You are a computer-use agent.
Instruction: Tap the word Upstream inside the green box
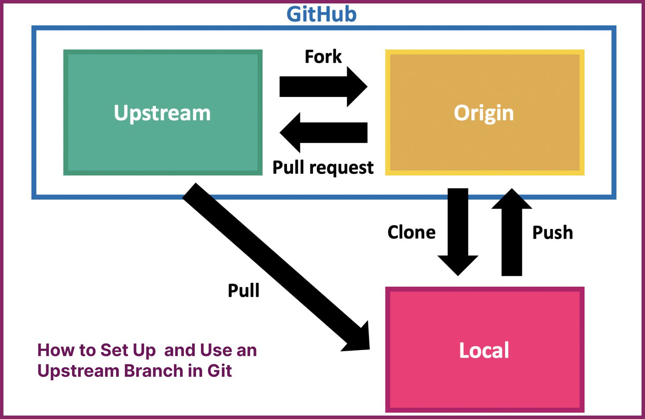[x=162, y=113]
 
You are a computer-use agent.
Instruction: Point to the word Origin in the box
[x=484, y=113]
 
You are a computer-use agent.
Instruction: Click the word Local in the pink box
[x=484, y=350]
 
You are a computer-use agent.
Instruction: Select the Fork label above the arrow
[x=323, y=56]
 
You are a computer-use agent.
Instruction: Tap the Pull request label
[x=323, y=167]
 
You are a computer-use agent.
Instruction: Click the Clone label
[x=411, y=232]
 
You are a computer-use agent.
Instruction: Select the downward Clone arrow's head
[x=458, y=265]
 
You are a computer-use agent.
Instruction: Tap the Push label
[x=553, y=232]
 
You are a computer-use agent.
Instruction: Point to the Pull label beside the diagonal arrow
[x=243, y=291]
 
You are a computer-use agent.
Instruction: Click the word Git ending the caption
[x=220, y=371]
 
